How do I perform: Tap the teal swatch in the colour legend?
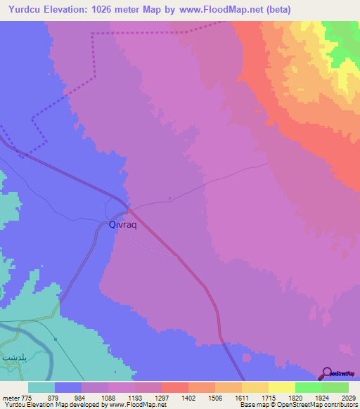pyautogui.click(x=41, y=387)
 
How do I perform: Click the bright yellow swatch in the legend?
pyautogui.click(x=281, y=387)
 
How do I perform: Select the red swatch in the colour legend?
pyautogui.click(x=174, y=387)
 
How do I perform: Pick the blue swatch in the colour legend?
pyautogui.click(x=68, y=387)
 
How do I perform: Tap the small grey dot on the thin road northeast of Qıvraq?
pyautogui.click(x=171, y=198)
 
